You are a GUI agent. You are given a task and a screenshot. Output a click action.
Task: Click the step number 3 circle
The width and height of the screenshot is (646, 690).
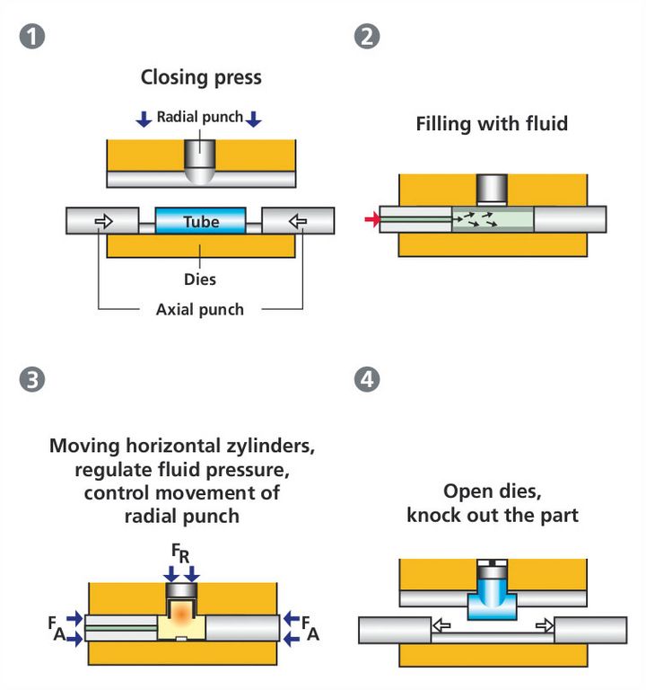click(32, 379)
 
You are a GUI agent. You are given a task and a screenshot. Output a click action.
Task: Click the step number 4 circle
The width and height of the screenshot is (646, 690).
click(366, 379)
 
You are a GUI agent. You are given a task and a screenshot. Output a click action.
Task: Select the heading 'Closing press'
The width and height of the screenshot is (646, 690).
click(201, 77)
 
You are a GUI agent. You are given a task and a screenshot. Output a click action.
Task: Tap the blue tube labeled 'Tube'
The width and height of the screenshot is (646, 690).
click(201, 221)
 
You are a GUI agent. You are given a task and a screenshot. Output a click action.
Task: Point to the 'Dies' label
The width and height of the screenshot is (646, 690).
click(201, 279)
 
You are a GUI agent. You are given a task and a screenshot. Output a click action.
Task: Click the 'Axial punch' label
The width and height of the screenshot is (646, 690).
click(200, 309)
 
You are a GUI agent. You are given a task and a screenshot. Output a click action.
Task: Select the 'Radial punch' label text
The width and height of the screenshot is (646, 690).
click(200, 118)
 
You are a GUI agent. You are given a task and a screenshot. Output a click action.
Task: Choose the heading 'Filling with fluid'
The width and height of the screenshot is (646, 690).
click(492, 124)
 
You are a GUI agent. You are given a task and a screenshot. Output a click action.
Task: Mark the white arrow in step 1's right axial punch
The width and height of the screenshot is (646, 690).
click(297, 220)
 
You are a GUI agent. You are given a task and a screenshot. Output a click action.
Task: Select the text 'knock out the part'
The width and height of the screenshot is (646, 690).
click(493, 516)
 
